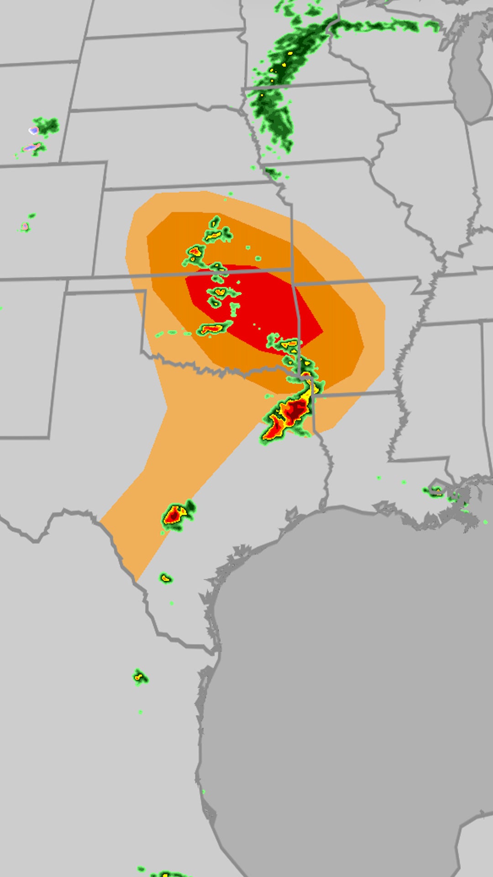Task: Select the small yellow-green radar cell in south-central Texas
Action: pyautogui.click(x=166, y=578)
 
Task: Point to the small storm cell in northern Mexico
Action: pyautogui.click(x=139, y=677)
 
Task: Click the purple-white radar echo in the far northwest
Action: pyautogui.click(x=33, y=131)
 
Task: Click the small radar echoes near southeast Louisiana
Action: pyautogui.click(x=436, y=491)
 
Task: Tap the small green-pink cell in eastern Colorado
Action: pyautogui.click(x=26, y=226)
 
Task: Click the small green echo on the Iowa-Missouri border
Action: pyautogui.click(x=273, y=173)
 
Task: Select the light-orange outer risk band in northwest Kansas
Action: pyautogui.click(x=137, y=228)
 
